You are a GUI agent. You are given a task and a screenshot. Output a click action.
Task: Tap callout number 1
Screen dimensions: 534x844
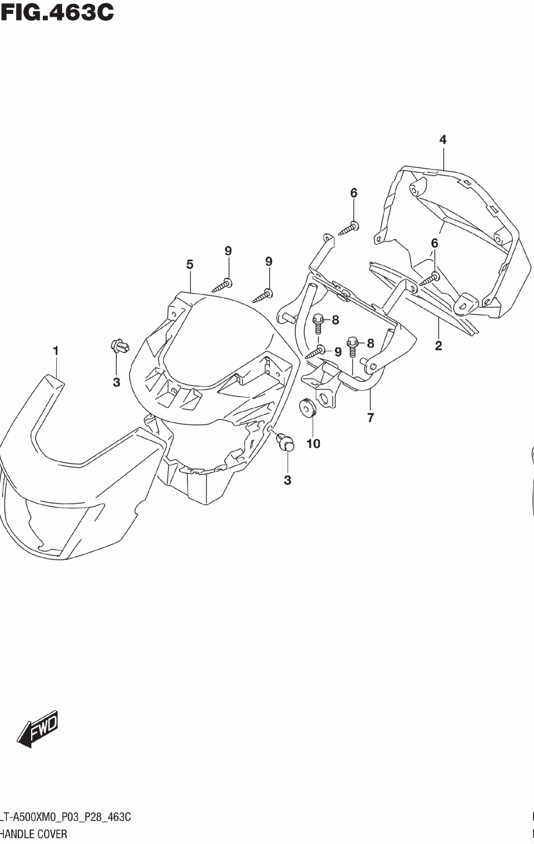pyautogui.click(x=56, y=351)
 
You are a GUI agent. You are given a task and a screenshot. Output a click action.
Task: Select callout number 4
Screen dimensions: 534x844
pyautogui.click(x=443, y=140)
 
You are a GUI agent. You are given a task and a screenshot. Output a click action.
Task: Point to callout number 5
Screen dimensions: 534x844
pyautogui.click(x=190, y=265)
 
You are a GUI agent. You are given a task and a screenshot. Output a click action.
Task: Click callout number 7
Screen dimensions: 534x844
pyautogui.click(x=370, y=418)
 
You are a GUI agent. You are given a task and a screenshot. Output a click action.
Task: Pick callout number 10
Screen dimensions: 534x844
pyautogui.click(x=313, y=444)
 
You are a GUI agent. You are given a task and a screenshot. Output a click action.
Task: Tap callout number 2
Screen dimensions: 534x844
pyautogui.click(x=438, y=346)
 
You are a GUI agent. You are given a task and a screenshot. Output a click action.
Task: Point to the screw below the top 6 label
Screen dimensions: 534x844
pyautogui.click(x=349, y=228)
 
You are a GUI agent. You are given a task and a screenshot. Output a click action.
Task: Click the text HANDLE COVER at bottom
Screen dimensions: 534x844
pyautogui.click(x=33, y=834)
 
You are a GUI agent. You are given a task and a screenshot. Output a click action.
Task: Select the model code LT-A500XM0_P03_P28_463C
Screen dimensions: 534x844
pyautogui.click(x=65, y=817)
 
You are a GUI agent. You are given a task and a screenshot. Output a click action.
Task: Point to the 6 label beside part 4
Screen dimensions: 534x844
pyautogui.click(x=434, y=243)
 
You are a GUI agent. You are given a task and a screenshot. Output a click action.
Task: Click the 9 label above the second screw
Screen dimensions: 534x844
pyautogui.click(x=269, y=261)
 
